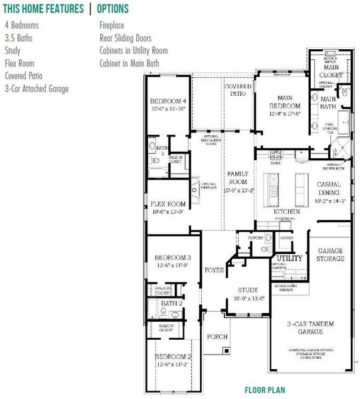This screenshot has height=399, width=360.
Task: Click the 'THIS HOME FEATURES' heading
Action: pos(43,9)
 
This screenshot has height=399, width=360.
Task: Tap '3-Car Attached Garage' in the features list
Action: pos(37,88)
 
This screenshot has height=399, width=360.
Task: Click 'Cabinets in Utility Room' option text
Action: pos(133,51)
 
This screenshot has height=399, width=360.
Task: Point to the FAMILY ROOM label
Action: pos(238,178)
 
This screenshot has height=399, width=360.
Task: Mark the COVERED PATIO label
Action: pos(238,90)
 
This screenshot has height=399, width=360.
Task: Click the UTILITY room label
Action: pos(289,258)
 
